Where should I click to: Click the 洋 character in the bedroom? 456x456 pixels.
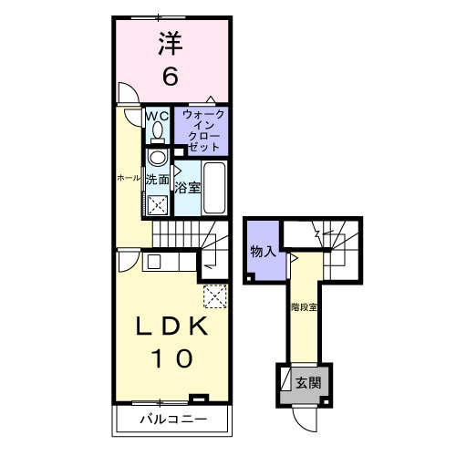(x=170, y=45)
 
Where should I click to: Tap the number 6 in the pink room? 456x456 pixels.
(x=170, y=78)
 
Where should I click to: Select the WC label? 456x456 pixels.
(x=155, y=116)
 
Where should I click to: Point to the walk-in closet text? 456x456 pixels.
(x=201, y=130)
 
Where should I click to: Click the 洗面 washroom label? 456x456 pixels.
(x=157, y=180)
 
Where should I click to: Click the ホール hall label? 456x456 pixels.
(x=127, y=178)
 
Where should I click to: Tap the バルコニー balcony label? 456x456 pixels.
(x=172, y=420)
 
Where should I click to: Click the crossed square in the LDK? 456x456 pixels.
(x=215, y=297)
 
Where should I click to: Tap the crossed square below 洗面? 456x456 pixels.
(x=158, y=204)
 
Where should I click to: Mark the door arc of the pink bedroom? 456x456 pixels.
(x=128, y=94)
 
